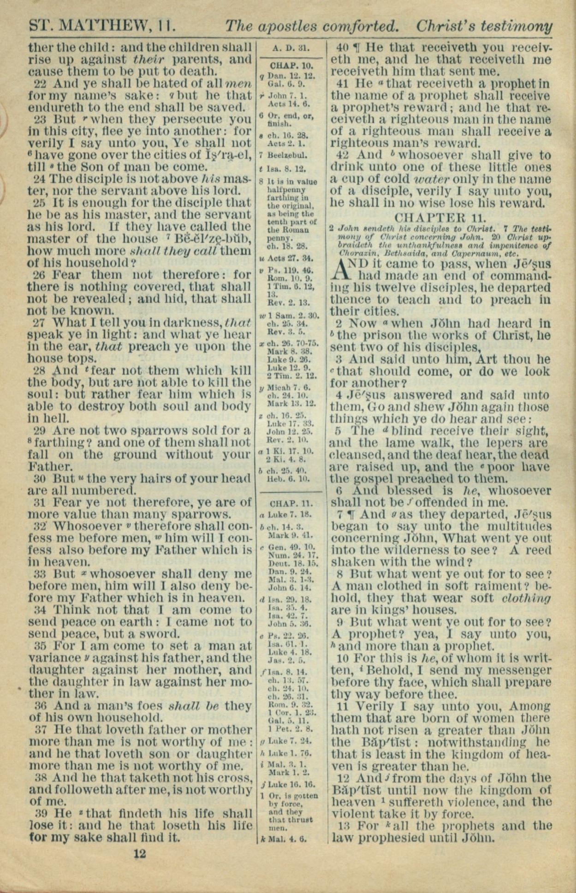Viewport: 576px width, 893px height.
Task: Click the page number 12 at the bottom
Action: (x=140, y=853)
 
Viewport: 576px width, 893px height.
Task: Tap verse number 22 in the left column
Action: (x=42, y=83)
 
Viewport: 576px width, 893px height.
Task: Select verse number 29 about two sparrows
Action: (x=42, y=430)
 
